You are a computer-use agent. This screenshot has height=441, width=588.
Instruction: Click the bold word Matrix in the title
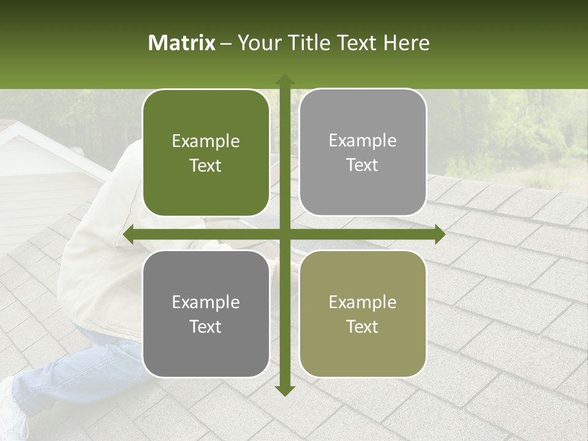tap(182, 43)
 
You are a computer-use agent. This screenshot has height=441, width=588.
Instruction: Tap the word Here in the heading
tap(406, 43)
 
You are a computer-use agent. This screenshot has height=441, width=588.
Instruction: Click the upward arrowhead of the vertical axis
tap(284, 80)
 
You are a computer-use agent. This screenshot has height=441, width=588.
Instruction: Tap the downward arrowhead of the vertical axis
tap(284, 390)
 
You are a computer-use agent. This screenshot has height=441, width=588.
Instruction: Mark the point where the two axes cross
tap(284, 235)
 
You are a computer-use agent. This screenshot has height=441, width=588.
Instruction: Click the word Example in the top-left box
tap(206, 141)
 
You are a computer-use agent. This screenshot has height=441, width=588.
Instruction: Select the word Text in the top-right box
tap(363, 165)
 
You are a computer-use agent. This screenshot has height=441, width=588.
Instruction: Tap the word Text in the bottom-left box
tap(206, 327)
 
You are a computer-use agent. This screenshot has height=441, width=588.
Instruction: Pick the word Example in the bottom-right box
tap(363, 302)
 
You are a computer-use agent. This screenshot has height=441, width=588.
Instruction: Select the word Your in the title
tap(258, 43)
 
